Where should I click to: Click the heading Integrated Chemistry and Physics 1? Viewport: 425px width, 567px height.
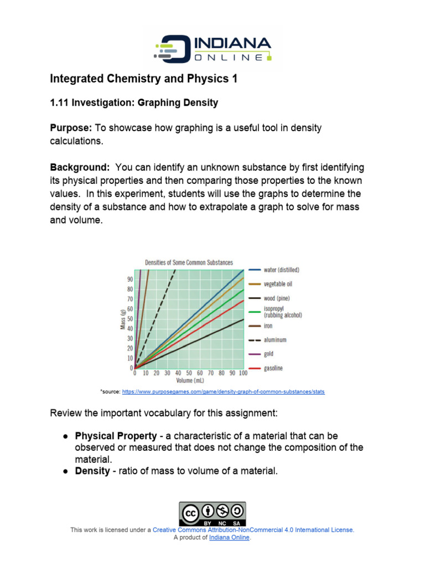[144, 79]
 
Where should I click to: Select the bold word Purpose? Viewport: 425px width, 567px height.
[71, 128]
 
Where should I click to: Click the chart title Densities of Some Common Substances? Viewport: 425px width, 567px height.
[189, 262]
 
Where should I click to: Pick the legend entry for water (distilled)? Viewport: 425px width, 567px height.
[281, 270]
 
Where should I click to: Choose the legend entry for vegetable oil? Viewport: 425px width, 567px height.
[277, 284]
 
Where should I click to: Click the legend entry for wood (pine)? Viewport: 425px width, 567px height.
[276, 298]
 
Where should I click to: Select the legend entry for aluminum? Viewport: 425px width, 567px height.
[274, 340]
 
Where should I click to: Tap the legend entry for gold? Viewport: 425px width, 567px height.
[268, 354]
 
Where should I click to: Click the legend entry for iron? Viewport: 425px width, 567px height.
[268, 326]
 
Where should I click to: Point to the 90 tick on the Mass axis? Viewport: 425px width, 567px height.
[129, 280]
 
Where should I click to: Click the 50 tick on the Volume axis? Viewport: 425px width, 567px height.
[189, 373]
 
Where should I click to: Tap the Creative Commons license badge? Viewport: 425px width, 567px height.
[212, 514]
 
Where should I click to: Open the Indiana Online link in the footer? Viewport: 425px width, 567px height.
[229, 537]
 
